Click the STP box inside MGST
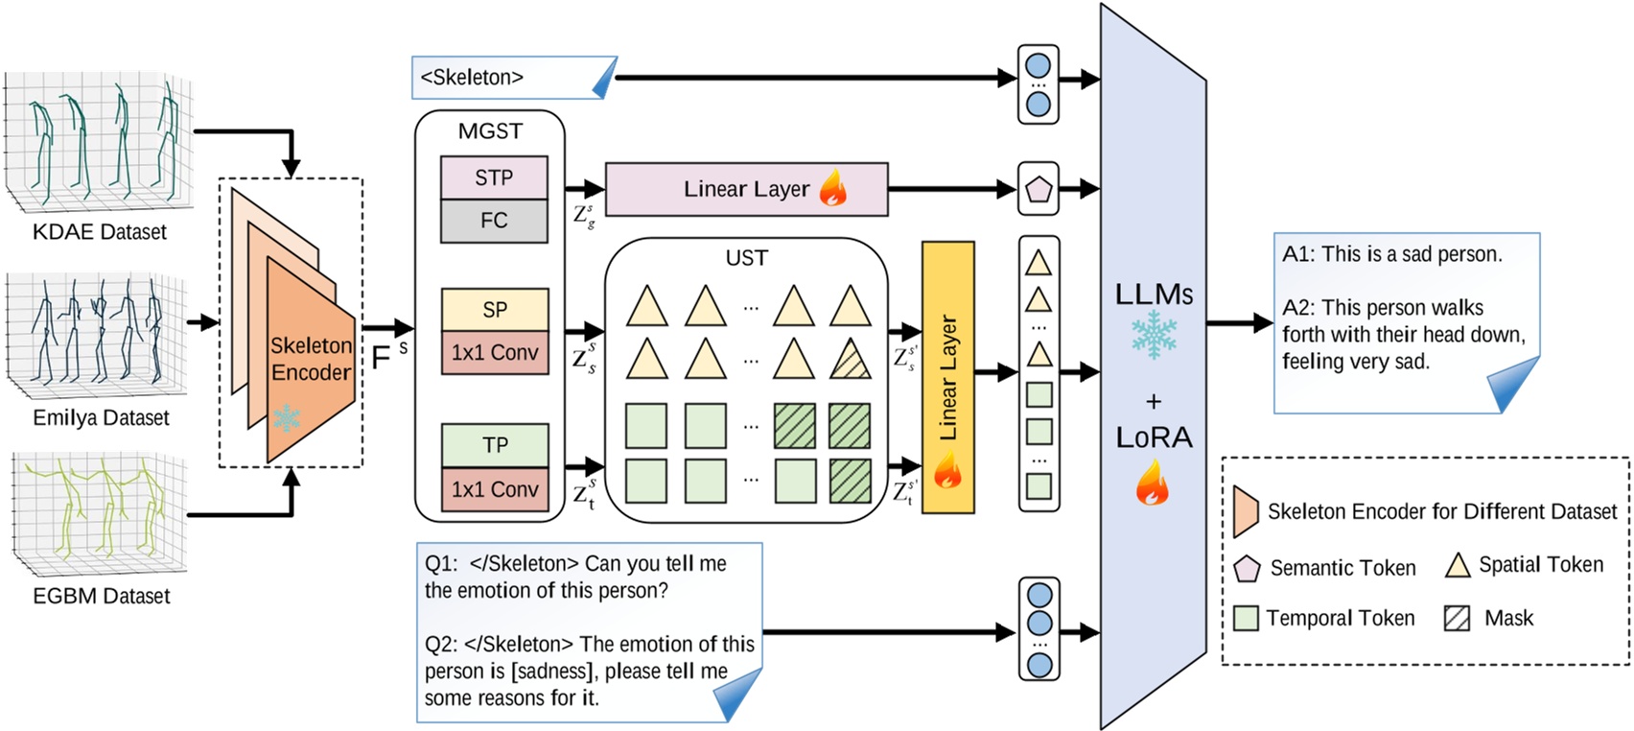[493, 177]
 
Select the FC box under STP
[493, 221]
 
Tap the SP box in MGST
[494, 310]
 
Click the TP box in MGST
[494, 445]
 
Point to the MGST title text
[490, 131]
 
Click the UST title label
[746, 258]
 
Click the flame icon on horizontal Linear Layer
[833, 189]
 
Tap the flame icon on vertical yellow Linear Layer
[947, 471]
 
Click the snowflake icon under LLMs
[1154, 336]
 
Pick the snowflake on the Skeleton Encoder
[286, 418]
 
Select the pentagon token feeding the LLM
[1039, 189]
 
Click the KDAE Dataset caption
[100, 232]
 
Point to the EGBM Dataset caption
[101, 596]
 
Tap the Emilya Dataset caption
[101, 418]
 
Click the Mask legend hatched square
[1457, 618]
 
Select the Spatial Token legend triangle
[1458, 565]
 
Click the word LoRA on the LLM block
[1154, 437]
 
